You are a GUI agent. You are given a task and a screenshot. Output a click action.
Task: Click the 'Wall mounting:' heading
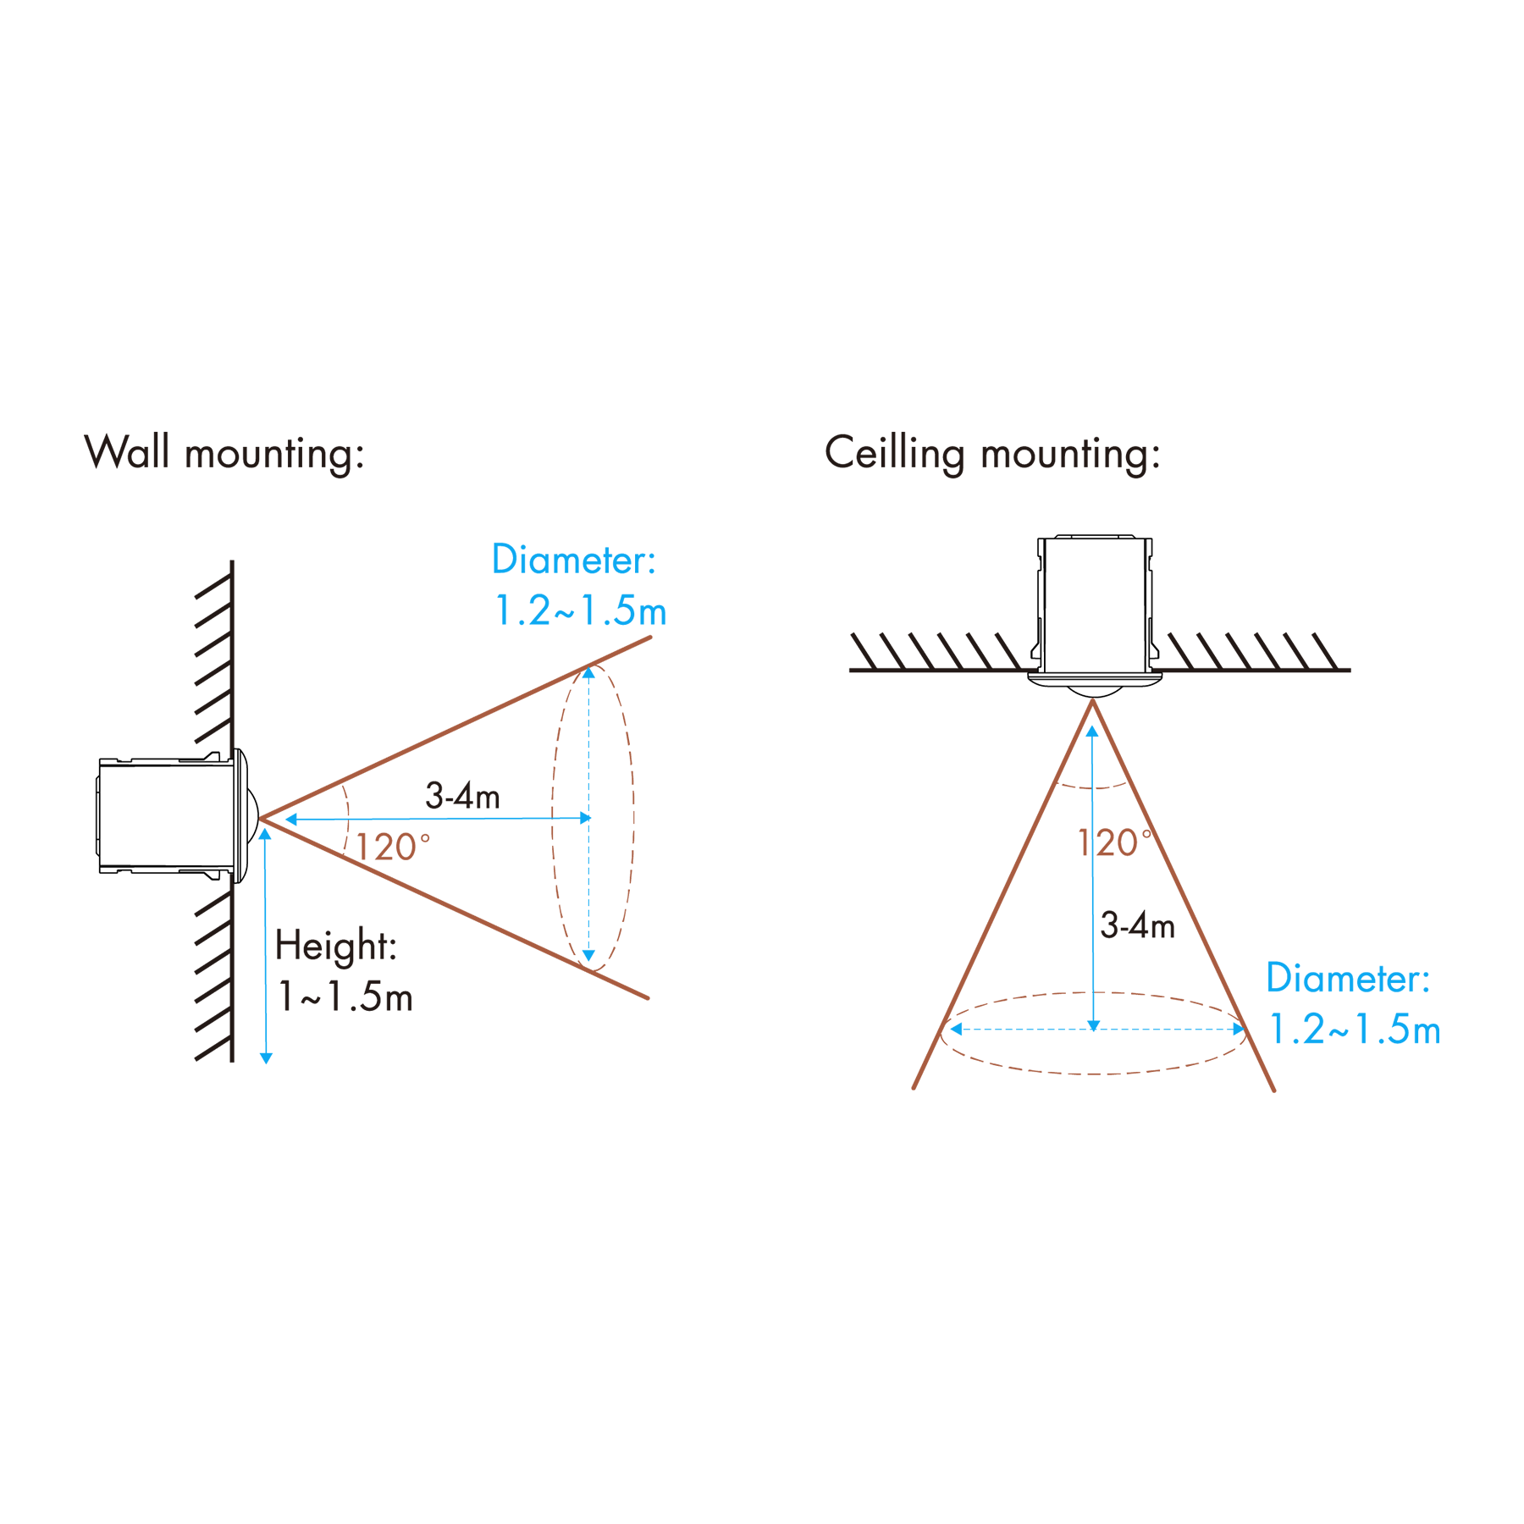224,454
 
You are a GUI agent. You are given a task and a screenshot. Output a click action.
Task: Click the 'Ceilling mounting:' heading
992,454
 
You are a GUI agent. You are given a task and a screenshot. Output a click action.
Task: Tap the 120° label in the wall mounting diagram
393,847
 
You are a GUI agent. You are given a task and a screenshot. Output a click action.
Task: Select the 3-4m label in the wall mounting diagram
462,796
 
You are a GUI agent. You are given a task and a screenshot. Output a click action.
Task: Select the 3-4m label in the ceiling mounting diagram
1137,925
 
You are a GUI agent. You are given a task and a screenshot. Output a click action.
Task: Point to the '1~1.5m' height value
345,997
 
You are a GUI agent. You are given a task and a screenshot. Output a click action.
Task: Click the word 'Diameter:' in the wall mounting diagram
574,560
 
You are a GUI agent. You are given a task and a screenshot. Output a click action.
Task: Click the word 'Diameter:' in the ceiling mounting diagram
1348,978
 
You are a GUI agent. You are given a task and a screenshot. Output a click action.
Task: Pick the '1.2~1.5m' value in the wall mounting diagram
580,610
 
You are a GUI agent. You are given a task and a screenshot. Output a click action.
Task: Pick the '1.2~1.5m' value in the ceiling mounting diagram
1355,1029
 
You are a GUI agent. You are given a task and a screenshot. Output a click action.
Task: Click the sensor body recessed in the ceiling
1094,605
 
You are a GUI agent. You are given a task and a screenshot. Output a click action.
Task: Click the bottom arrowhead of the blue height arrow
266,1058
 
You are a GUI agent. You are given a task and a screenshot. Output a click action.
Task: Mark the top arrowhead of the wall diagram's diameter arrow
588,673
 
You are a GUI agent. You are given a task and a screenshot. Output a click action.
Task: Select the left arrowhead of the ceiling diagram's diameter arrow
956,1029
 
